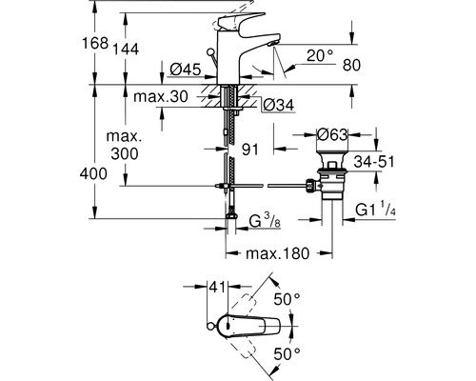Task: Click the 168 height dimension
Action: [109, 44]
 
